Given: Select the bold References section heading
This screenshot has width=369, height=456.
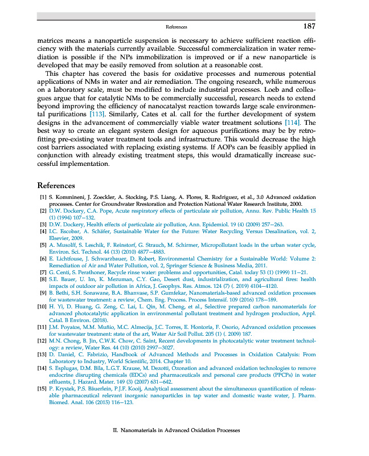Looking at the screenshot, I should click(x=56, y=185).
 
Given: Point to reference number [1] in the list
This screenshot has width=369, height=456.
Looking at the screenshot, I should click(x=43, y=197).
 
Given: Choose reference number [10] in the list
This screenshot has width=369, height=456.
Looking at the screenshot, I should click(x=42, y=306).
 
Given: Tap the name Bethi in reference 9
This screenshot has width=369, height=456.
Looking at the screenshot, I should click(x=61, y=292).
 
